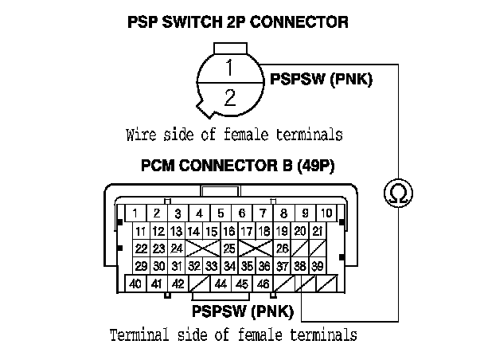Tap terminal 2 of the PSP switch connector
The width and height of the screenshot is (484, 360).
pos(229,97)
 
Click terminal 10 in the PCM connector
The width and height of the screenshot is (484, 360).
pos(326,213)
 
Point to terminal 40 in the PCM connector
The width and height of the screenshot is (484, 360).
pos(136,283)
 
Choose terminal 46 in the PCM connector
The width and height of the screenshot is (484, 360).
pos(263,283)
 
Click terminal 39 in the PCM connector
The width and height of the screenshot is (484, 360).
pos(317,265)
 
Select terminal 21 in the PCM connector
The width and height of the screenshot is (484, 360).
pos(317,231)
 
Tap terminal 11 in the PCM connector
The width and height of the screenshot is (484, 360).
pos(141,231)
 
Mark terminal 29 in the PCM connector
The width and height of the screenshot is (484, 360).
pos(141,265)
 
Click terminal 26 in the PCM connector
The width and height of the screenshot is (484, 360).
pos(282,248)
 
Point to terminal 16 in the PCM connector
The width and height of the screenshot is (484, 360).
pos(229,231)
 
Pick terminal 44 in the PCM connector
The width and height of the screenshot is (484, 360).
pos(221,283)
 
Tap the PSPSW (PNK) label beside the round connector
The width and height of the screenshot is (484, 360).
pos(322,80)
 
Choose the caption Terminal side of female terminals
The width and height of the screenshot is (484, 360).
pos(232,335)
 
